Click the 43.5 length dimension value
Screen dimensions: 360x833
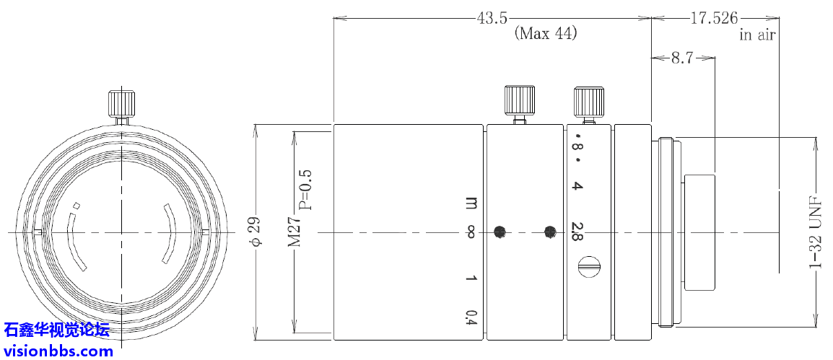click(492, 17)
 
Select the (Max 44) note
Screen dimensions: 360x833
click(545, 34)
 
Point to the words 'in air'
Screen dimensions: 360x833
click(757, 35)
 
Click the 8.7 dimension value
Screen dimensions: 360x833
click(681, 58)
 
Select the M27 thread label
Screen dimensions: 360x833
click(295, 232)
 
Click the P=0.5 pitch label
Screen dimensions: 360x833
click(306, 189)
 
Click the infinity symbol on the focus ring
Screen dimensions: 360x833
click(471, 232)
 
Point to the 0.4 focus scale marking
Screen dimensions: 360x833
click(471, 317)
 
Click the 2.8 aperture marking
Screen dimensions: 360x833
click(577, 232)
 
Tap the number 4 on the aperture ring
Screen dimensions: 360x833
click(577, 187)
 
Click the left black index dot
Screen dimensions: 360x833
click(499, 232)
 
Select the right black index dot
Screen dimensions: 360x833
click(550, 232)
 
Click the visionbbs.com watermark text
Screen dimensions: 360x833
click(58, 351)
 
